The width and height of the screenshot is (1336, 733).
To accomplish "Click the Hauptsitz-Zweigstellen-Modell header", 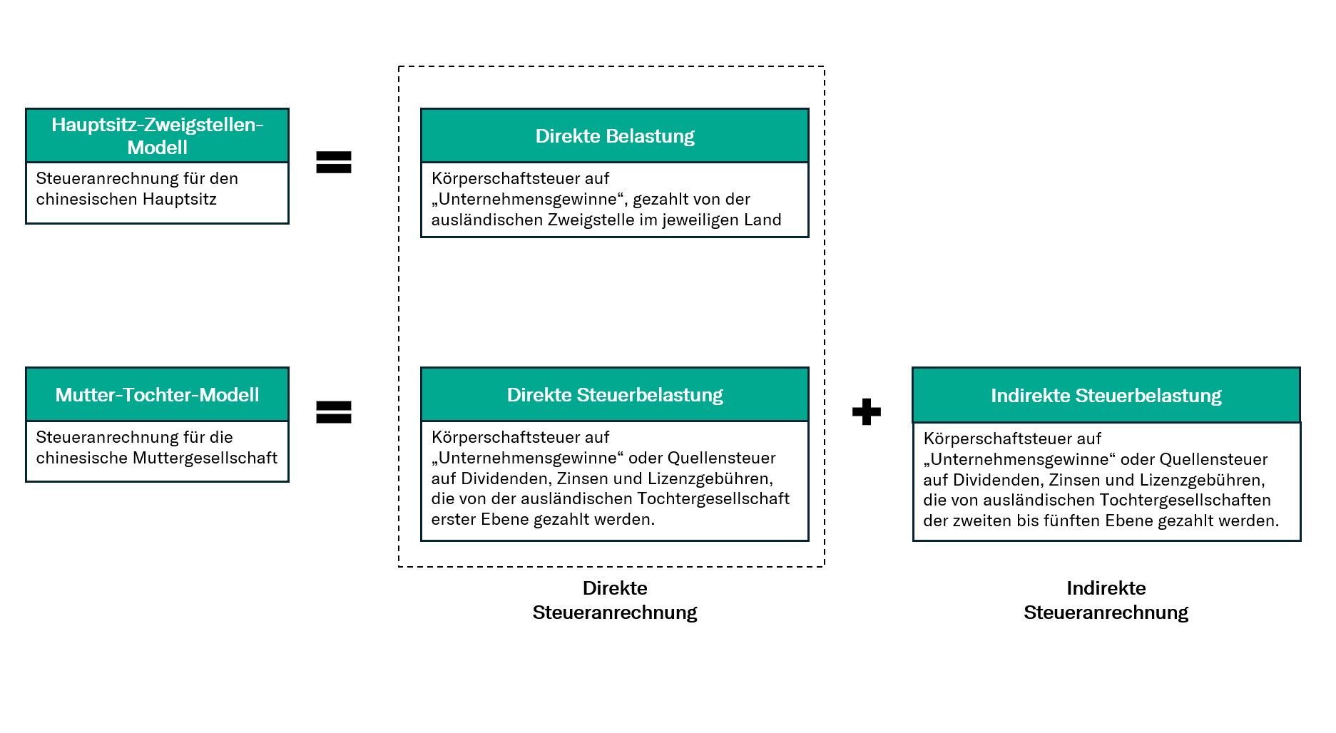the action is pyautogui.click(x=157, y=135).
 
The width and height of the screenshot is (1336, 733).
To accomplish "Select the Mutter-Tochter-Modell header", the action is pyautogui.click(x=157, y=394).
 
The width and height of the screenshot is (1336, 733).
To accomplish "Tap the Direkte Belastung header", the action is pyautogui.click(x=615, y=135).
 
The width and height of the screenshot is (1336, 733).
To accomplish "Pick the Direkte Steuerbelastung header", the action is pyautogui.click(x=615, y=394).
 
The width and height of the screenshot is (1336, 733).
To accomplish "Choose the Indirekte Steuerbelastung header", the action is pyautogui.click(x=1106, y=395).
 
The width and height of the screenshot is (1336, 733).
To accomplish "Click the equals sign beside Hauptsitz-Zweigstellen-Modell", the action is pyautogui.click(x=334, y=162).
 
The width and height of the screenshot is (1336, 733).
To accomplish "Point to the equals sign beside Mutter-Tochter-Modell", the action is pyautogui.click(x=334, y=412).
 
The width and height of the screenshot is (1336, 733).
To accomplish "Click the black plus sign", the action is pyautogui.click(x=867, y=411).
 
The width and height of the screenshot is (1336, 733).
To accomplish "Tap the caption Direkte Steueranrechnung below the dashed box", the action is pyautogui.click(x=615, y=600).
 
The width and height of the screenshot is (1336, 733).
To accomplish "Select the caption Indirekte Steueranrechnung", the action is pyautogui.click(x=1106, y=600).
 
